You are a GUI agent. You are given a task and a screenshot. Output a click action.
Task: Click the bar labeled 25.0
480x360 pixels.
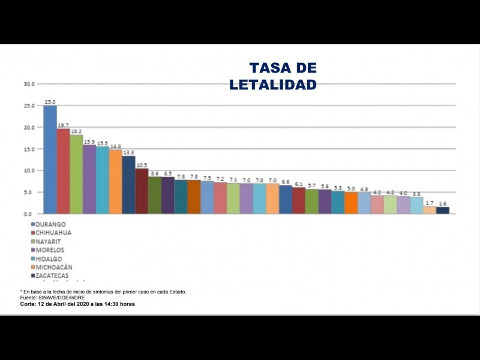(50, 160)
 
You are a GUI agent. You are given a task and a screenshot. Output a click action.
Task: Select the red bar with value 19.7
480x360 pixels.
(63, 171)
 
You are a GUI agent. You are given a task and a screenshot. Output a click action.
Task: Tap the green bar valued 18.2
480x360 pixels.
(76, 174)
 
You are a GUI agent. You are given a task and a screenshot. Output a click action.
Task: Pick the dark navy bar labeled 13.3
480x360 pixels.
(128, 185)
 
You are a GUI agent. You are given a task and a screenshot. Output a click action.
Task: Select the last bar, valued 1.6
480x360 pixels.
(443, 210)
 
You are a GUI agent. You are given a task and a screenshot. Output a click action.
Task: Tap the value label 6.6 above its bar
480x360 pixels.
(286, 181)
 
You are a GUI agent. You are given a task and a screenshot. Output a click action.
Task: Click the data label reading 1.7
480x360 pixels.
(430, 203)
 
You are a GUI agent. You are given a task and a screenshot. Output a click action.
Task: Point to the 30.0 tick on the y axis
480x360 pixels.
(29, 83)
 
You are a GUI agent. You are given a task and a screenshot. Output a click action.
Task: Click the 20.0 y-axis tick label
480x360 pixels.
(29, 127)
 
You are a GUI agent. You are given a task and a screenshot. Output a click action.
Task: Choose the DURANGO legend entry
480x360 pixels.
(50, 224)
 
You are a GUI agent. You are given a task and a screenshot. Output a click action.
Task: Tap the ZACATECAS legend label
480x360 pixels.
(52, 275)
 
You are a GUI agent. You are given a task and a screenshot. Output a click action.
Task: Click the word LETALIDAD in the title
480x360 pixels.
(273, 85)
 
